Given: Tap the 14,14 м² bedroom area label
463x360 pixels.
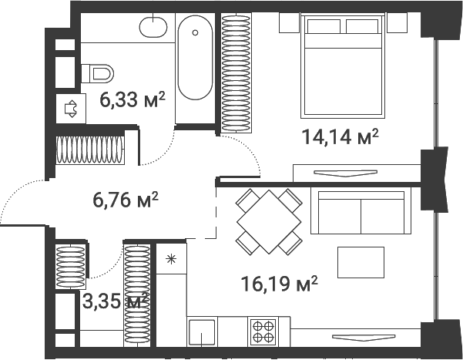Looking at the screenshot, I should [x=340, y=138].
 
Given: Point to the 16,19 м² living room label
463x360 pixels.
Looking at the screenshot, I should [x=278, y=284].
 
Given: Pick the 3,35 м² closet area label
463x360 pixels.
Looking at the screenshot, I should [x=115, y=299].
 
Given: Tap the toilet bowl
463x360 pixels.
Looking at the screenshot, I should [x=98, y=74].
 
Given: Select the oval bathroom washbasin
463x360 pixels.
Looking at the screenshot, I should [x=153, y=28].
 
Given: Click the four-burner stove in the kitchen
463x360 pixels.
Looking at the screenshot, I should [x=263, y=331].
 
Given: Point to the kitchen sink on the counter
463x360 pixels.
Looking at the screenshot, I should [x=203, y=333].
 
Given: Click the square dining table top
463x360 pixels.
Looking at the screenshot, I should [x=267, y=221].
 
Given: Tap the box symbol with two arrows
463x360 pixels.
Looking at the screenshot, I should [x=71, y=109].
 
